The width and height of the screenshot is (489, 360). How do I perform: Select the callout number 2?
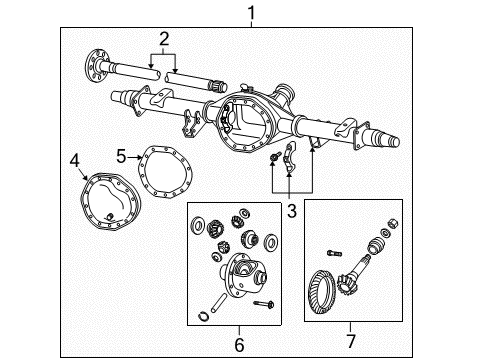click(162, 39)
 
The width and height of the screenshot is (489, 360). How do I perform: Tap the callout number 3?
click(292, 210)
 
